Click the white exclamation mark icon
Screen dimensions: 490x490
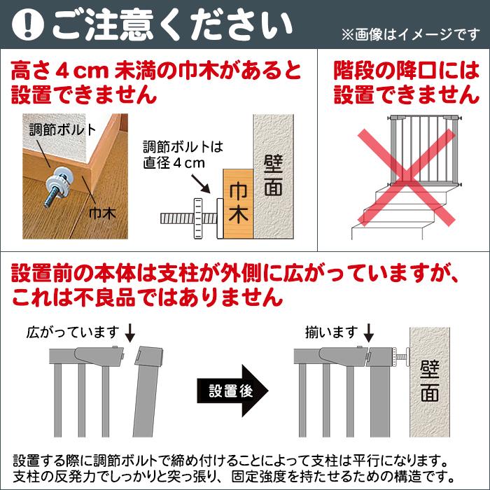[27, 25]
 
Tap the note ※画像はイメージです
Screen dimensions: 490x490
[410, 34]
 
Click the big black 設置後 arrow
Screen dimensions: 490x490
[232, 391]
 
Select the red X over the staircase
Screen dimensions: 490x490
[406, 177]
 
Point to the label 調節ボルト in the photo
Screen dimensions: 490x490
[62, 130]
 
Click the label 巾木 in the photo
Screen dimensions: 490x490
[102, 213]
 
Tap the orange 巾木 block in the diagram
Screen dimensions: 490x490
[238, 204]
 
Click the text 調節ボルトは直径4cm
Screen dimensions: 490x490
[183, 155]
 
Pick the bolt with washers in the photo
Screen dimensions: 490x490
[59, 186]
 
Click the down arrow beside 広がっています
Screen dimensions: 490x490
[129, 333]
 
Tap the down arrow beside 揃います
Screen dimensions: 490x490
[369, 333]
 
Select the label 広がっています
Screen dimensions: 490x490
[73, 332]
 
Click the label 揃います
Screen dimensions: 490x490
[331, 332]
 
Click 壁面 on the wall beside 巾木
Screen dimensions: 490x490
[273, 175]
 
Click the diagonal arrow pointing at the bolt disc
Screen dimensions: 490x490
[200, 183]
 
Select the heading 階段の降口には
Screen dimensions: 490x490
[406, 70]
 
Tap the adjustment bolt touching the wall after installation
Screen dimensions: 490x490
[400, 356]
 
